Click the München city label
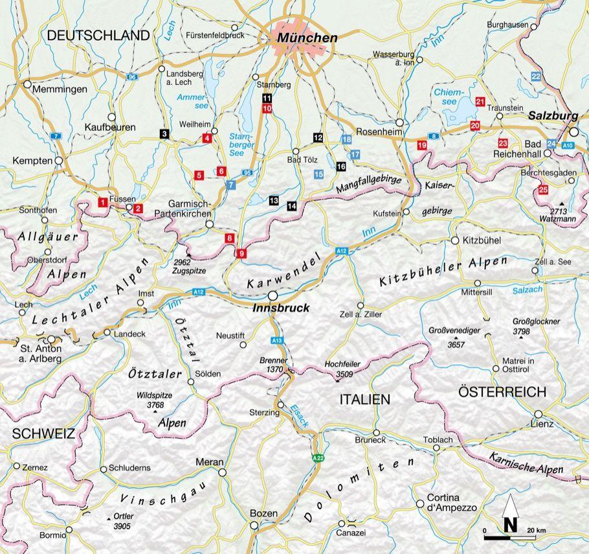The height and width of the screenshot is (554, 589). coord(307,38)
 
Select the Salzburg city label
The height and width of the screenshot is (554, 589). coord(553,115)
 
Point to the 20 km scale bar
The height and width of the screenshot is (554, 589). coord(515,537)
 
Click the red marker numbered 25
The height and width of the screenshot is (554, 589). coord(542,190)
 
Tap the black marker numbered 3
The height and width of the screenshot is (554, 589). coord(164,133)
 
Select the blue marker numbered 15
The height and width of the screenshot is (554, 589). coord(318,174)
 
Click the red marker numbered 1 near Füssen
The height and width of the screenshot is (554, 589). coord(102,202)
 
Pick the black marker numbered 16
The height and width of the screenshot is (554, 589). coord(340,167)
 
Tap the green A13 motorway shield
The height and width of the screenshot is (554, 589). coord(276,340)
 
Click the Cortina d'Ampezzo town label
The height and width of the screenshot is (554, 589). coord(450,503)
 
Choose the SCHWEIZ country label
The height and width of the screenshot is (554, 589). coord(38,433)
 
